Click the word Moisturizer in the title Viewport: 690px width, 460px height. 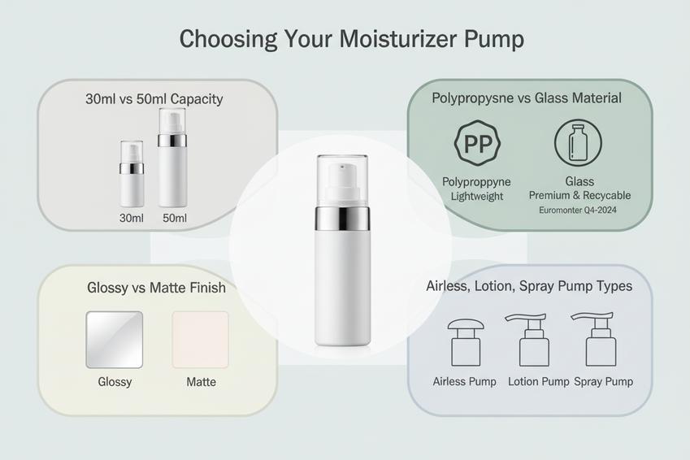[x=397, y=39]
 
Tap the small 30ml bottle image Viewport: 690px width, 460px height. [x=132, y=174]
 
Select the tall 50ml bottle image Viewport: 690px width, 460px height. [x=172, y=158]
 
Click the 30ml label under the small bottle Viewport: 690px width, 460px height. [x=132, y=218]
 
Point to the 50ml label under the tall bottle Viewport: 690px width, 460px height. [x=175, y=218]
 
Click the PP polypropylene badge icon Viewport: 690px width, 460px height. [x=477, y=143]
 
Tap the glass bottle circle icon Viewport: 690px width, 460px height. [x=578, y=143]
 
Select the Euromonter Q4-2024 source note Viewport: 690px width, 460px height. [x=578, y=210]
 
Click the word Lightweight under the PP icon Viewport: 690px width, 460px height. [x=477, y=197]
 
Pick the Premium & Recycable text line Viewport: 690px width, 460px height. [x=580, y=195]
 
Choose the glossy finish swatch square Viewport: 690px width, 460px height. [x=115, y=340]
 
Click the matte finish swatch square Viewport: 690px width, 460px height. [x=201, y=340]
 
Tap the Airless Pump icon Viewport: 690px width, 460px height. [x=466, y=342]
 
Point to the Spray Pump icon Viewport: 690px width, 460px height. [x=597, y=339]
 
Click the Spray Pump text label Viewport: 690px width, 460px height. [x=603, y=382]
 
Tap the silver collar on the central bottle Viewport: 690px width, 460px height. [x=342, y=219]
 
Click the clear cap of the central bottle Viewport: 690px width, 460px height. [x=342, y=180]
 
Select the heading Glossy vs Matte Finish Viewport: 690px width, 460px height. [x=156, y=288]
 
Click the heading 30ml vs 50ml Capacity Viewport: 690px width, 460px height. [x=154, y=99]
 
